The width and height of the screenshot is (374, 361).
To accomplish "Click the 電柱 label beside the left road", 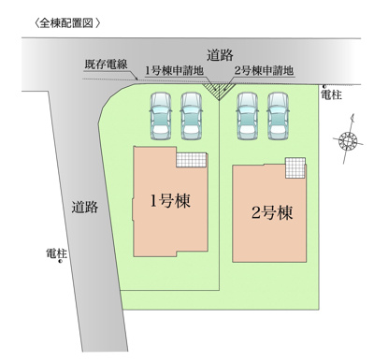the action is click(x=58, y=253).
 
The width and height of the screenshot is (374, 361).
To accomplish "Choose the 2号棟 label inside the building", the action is click(x=271, y=212).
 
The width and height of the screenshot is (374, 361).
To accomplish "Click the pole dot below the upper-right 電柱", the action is click(x=322, y=85).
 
